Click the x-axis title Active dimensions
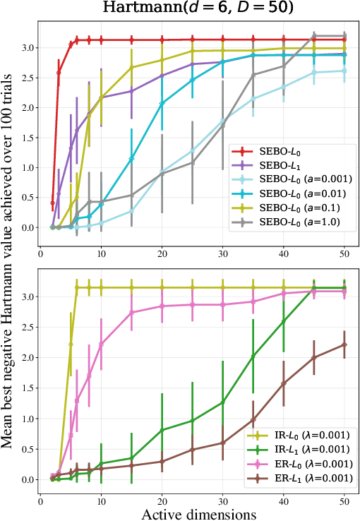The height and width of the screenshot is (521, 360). click(198, 513)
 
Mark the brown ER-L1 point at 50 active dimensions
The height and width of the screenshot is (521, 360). click(344, 345)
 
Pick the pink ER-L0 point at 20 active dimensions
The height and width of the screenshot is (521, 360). click(162, 306)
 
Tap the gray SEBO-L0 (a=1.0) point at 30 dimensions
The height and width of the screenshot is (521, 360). click(222, 124)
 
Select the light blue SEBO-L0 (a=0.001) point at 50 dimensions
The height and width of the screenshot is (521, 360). click(344, 71)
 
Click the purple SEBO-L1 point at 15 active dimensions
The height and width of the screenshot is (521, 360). click(131, 91)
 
